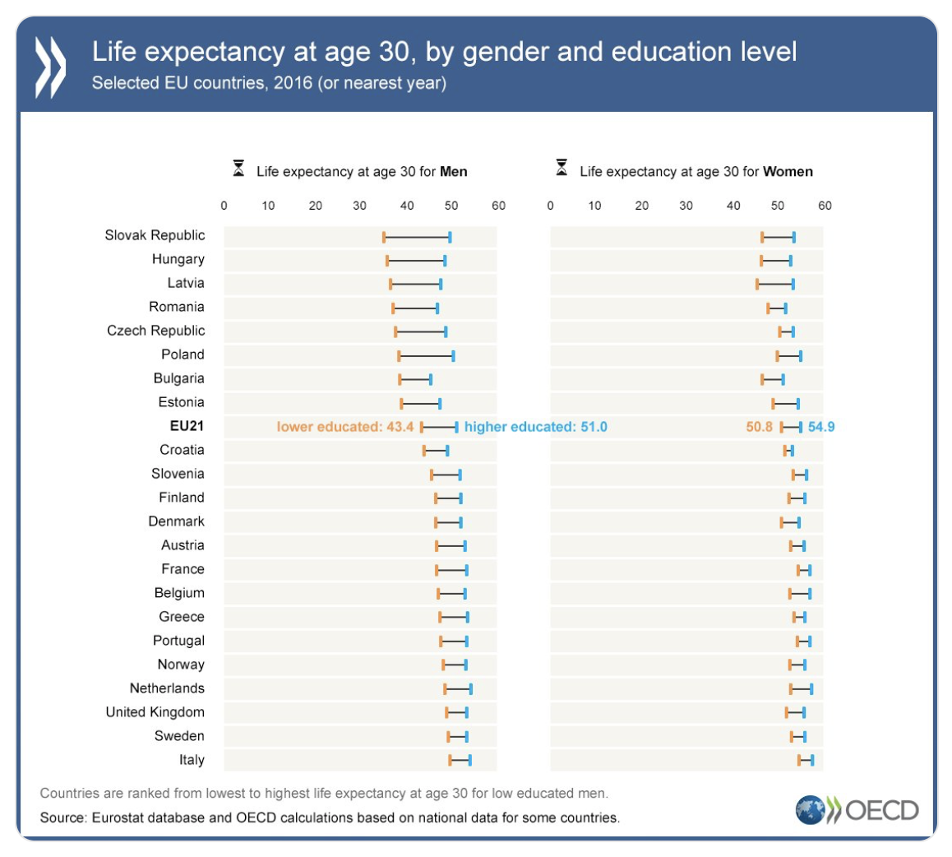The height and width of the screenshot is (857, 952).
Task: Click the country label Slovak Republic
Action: pyautogui.click(x=155, y=235)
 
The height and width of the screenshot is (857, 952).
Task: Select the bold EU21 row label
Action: pyautogui.click(x=182, y=426)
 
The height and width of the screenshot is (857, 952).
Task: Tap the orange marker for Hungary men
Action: pyautogui.click(x=387, y=261)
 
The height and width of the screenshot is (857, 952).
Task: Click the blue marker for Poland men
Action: pyautogui.click(x=453, y=356)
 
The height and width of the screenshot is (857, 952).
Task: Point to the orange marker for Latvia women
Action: pyautogui.click(x=757, y=285)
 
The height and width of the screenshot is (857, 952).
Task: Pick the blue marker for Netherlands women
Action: pyautogui.click(x=811, y=689)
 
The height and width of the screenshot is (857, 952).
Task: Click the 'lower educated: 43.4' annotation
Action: pyautogui.click(x=345, y=427)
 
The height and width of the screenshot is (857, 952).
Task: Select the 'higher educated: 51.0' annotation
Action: pyautogui.click(x=535, y=427)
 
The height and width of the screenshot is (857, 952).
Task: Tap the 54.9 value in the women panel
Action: pyautogui.click(x=821, y=427)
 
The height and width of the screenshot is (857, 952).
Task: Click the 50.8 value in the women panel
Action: pyautogui.click(x=759, y=427)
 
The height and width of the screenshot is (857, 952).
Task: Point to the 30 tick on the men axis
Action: pyautogui.click(x=359, y=206)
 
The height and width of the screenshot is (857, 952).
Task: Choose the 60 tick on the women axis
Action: pyautogui.click(x=825, y=206)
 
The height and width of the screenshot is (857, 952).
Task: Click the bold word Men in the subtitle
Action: pyautogui.click(x=454, y=172)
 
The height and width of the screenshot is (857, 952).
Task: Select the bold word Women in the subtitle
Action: pyautogui.click(x=788, y=172)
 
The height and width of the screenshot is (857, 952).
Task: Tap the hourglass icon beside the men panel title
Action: pyautogui.click(x=238, y=169)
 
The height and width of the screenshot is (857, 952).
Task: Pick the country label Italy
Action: pyautogui.click(x=192, y=760)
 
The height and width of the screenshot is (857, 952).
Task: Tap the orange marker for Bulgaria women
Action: pyautogui.click(x=762, y=380)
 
